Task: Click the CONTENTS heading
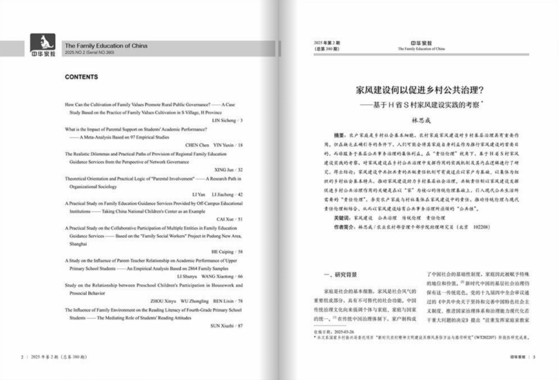point(81,77)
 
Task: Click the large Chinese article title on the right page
point(420,90)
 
